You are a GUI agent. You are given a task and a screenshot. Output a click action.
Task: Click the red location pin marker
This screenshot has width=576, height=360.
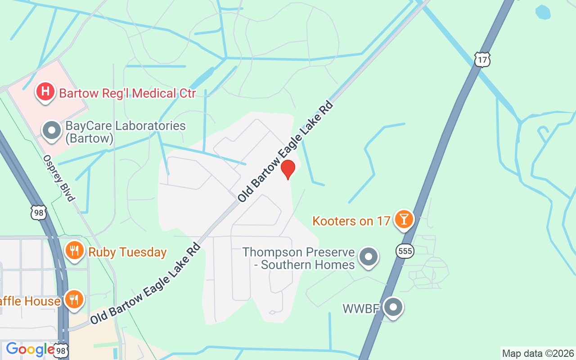tap(288, 169)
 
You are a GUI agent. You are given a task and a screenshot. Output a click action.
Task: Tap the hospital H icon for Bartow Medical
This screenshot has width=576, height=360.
tap(45, 92)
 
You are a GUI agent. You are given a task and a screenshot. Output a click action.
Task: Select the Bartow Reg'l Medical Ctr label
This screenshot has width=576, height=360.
tap(127, 94)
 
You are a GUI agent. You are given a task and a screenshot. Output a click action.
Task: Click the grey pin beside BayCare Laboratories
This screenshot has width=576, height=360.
tap(52, 130)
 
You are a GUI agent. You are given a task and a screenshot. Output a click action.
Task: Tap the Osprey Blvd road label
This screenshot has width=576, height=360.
tap(58, 178)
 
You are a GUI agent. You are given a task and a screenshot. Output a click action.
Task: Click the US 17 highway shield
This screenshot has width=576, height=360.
tap(482, 59)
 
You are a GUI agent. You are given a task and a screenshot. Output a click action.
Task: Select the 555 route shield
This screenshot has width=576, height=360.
tap(405, 251)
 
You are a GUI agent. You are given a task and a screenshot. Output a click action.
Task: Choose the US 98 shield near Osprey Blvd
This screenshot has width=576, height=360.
tap(39, 212)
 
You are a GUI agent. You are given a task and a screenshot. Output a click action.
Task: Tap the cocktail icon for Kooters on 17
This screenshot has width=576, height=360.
tap(404, 219)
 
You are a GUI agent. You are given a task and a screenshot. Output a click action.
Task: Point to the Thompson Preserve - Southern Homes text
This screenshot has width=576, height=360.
tap(298, 258)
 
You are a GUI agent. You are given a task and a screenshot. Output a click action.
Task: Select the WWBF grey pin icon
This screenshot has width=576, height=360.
tap(394, 307)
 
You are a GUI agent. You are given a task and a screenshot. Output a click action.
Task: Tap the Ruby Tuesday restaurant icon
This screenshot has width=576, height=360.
tap(75, 251)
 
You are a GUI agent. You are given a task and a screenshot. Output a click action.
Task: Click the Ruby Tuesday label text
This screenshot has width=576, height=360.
tap(127, 252)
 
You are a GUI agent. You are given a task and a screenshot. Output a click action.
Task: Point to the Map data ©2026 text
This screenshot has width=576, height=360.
tap(538, 353)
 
